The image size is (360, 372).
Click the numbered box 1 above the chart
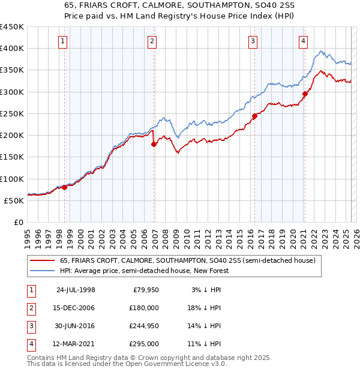click(63, 41)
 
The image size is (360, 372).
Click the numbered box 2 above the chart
click(152, 41)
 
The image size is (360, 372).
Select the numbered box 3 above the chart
click(253, 41)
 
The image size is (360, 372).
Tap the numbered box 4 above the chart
click(303, 41)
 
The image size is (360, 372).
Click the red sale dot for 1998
click(65, 187)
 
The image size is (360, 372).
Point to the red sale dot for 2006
click(154, 144)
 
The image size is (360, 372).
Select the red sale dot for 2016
click(254, 116)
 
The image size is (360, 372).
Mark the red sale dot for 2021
click(305, 94)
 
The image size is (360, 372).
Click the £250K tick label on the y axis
click(12, 113)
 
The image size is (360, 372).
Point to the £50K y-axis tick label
click(14, 200)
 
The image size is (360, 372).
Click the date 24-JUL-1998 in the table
click(75, 290)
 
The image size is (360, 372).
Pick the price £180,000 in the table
click(144, 308)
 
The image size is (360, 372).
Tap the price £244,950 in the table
click(144, 326)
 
